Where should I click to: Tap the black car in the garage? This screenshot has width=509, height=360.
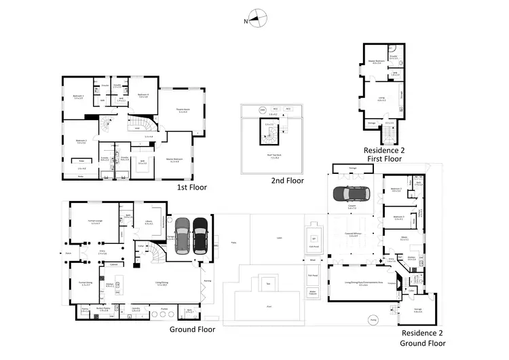(200, 235)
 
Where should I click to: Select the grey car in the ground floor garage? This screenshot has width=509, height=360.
(182, 235)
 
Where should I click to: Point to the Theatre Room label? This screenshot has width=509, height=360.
(182, 111)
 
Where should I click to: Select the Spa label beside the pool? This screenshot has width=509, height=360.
(314, 238)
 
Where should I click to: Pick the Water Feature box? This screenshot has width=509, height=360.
(314, 292)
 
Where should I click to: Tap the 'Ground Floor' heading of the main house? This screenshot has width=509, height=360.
(192, 329)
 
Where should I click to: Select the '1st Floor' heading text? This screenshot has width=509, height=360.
(192, 186)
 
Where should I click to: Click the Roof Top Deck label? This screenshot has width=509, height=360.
(270, 156)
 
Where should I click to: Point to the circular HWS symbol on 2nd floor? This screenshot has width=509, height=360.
(262, 109)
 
